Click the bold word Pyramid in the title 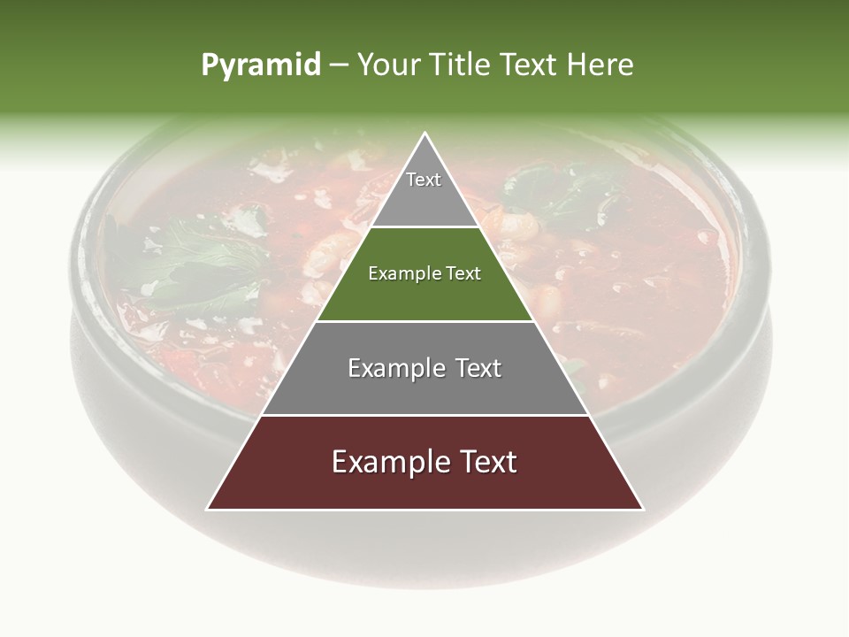click(261, 65)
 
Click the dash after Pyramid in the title click(339, 65)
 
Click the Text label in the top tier click(424, 180)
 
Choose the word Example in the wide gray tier click(394, 368)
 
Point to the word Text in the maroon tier click(485, 462)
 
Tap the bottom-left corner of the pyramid click(208, 509)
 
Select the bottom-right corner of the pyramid click(643, 509)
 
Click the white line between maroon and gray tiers click(424, 415)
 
